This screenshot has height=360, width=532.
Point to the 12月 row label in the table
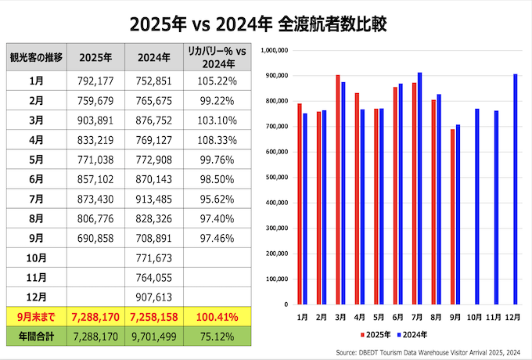[x=36, y=297]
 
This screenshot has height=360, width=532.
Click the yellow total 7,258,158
[x=156, y=319]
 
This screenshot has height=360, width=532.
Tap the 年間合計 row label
[x=36, y=337]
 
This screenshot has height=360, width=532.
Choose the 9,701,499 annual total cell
[x=156, y=337]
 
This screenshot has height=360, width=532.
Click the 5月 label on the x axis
[x=379, y=319]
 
